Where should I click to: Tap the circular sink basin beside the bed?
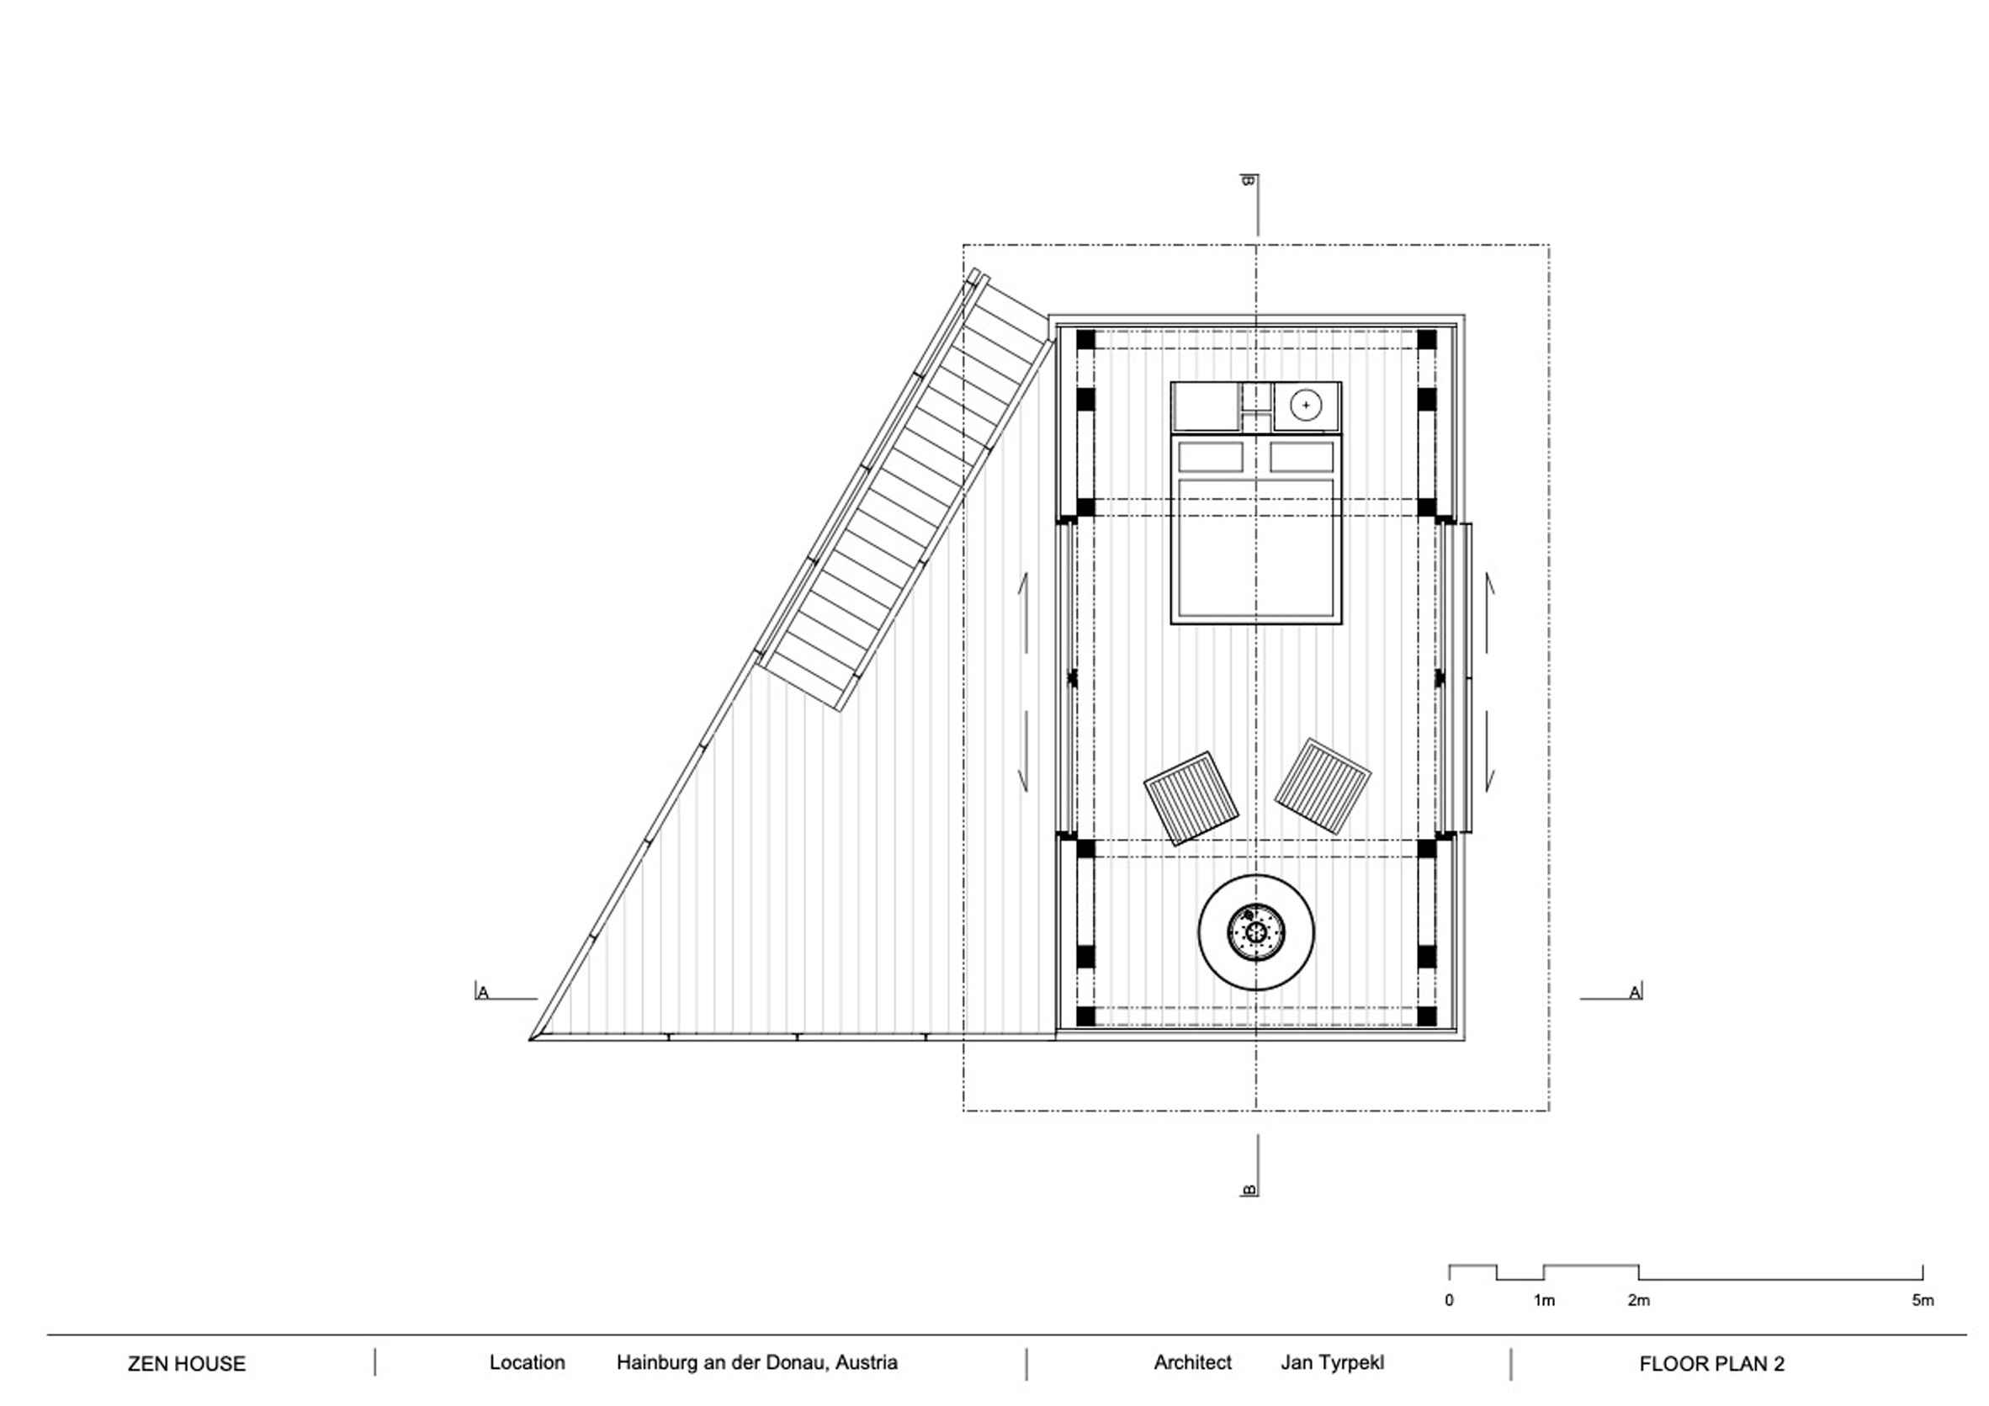(x=1306, y=405)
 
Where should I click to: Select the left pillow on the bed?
(x=1210, y=457)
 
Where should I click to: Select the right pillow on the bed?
(x=1301, y=457)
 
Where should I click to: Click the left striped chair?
(x=1191, y=798)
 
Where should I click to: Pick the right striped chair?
(x=1322, y=786)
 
